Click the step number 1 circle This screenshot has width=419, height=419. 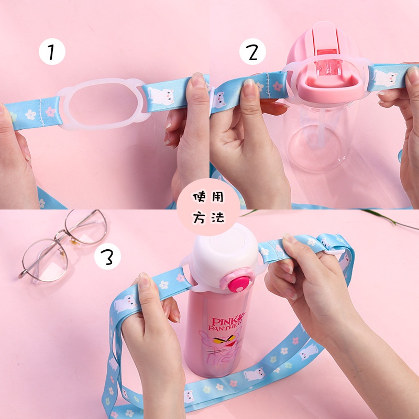(x=52, y=51)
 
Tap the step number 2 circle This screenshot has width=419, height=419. (x=252, y=51)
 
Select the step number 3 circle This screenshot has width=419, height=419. (x=107, y=256)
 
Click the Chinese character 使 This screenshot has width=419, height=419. (x=200, y=197)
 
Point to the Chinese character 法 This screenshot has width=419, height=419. (x=218, y=217)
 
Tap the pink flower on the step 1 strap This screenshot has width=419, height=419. (x=50, y=112)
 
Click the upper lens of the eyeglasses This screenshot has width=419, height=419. (x=86, y=227)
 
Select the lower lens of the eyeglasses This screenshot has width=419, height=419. (x=45, y=260)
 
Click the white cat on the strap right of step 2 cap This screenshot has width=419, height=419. (x=386, y=78)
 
